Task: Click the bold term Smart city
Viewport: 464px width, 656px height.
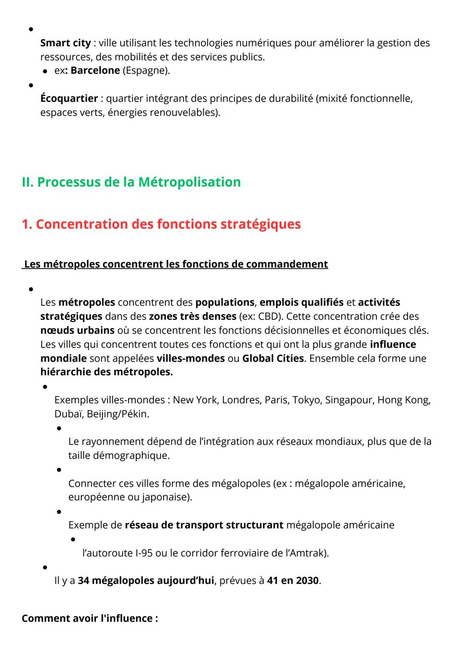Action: click(x=65, y=43)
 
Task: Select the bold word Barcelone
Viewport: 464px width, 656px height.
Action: click(x=95, y=71)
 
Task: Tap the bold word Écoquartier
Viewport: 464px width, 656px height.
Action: click(x=69, y=98)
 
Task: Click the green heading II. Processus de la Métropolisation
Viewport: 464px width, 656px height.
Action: click(x=131, y=182)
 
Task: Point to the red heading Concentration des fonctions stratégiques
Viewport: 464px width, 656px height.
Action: click(x=168, y=224)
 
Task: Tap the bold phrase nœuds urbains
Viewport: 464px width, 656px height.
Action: click(x=77, y=330)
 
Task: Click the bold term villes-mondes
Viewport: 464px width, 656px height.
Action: click(x=190, y=358)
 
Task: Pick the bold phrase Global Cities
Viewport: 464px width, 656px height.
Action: click(x=273, y=358)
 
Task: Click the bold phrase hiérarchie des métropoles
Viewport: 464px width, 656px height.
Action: click(x=107, y=372)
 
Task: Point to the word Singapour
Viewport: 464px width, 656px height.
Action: click(x=349, y=400)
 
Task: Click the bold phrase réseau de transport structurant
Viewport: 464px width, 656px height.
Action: click(x=204, y=525)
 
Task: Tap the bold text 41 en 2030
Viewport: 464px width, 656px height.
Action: click(x=293, y=581)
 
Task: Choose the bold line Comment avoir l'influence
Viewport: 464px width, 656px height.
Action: click(x=90, y=618)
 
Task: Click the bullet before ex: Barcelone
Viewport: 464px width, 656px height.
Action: click(x=45, y=71)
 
